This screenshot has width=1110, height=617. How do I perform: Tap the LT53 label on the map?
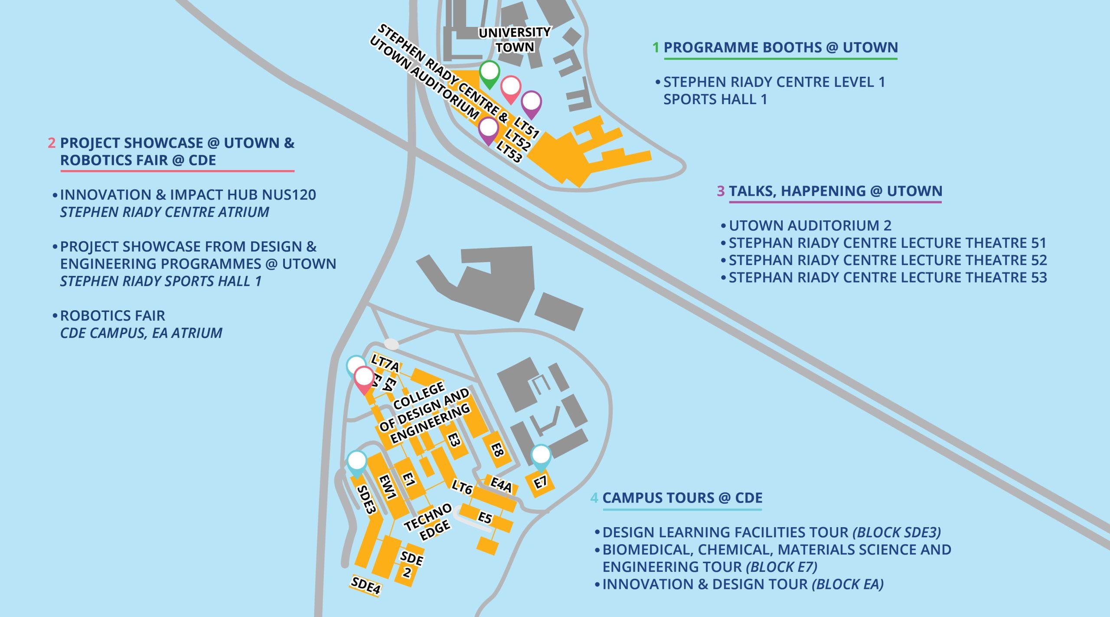509,152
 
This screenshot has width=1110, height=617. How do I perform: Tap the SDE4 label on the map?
366,585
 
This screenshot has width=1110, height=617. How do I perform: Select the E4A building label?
501,484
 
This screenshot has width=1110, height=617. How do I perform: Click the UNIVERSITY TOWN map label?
515,39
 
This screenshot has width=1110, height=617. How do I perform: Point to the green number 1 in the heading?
656,47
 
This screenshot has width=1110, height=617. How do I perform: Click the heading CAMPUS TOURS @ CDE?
682,498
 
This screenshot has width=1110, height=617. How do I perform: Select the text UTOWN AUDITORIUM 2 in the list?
810,226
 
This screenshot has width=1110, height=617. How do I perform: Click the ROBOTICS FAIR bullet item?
112,315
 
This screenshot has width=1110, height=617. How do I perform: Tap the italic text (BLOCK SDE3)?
896,532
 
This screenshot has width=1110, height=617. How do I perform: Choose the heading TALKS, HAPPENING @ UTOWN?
835,191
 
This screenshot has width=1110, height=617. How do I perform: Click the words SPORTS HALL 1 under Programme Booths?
715,99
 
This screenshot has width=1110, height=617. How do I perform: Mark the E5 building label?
485,517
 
